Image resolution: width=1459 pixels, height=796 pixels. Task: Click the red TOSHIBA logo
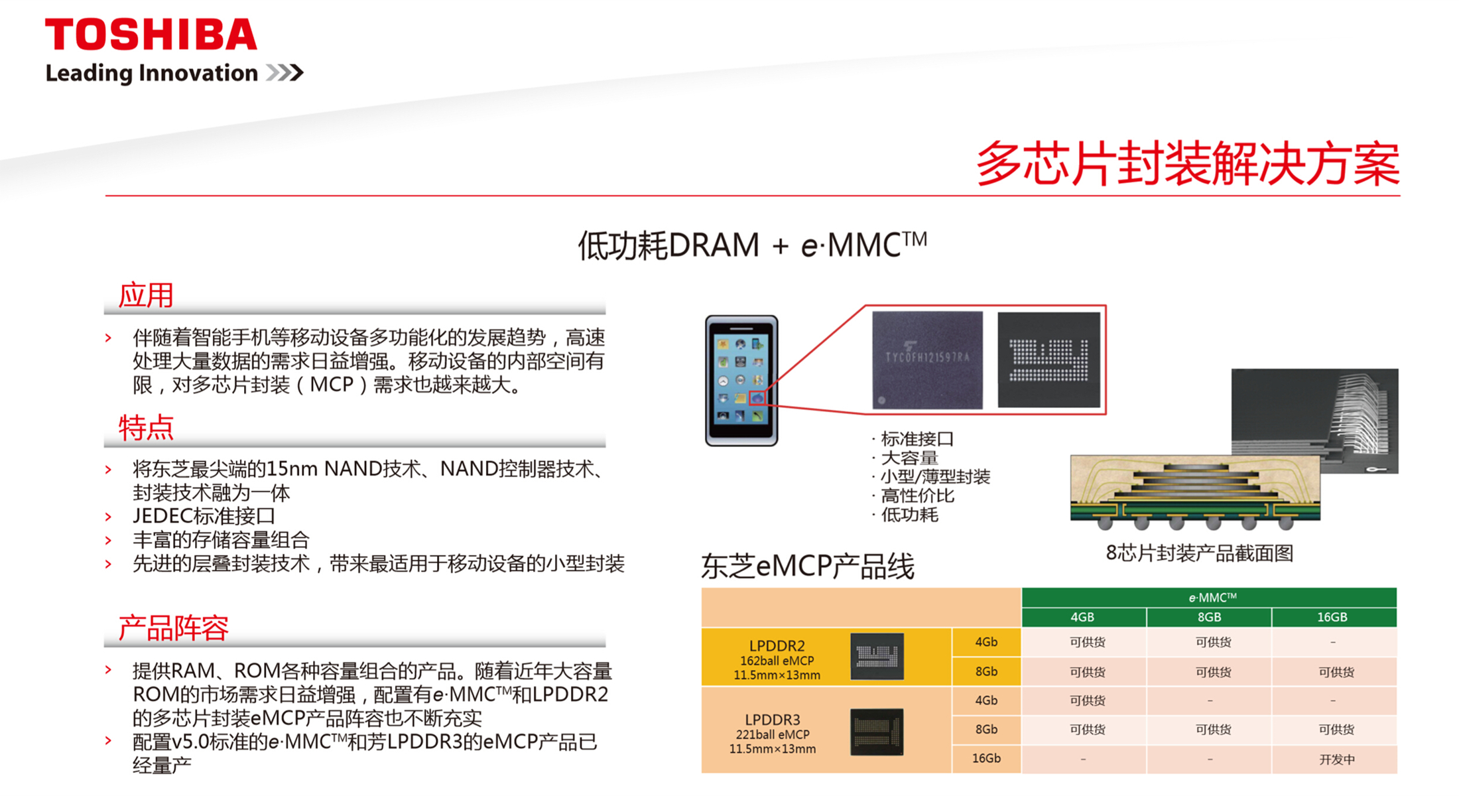coord(151,34)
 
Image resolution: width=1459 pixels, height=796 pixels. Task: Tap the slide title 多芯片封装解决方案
coord(1188,164)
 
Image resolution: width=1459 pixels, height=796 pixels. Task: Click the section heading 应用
coord(146,295)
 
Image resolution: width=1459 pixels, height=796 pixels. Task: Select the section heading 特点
coord(146,428)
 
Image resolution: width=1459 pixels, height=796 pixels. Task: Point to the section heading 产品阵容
coord(173,628)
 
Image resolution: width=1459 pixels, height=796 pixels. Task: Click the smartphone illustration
coord(741,380)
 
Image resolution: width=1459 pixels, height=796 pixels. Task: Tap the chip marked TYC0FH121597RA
coord(927,360)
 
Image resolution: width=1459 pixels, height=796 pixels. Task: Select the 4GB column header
coord(1082,617)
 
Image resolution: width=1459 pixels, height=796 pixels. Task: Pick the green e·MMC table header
coord(1209,597)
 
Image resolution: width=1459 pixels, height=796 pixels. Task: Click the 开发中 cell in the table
coord(1336,759)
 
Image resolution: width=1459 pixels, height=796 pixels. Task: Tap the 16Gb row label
coord(986,758)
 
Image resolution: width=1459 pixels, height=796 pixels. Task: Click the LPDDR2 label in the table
coord(777,645)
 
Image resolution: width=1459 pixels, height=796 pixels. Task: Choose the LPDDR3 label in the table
coord(773,720)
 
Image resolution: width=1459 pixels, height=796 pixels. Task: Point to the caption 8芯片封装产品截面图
coord(1200,553)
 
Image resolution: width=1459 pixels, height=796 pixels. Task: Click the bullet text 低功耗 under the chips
coord(909,515)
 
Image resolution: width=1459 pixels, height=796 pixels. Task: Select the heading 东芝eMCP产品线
coord(808,566)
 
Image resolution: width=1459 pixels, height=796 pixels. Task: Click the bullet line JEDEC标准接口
coord(204,515)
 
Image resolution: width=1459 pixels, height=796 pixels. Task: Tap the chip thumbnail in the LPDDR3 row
coord(877,732)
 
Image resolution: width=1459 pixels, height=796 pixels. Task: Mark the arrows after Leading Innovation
coord(285,72)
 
